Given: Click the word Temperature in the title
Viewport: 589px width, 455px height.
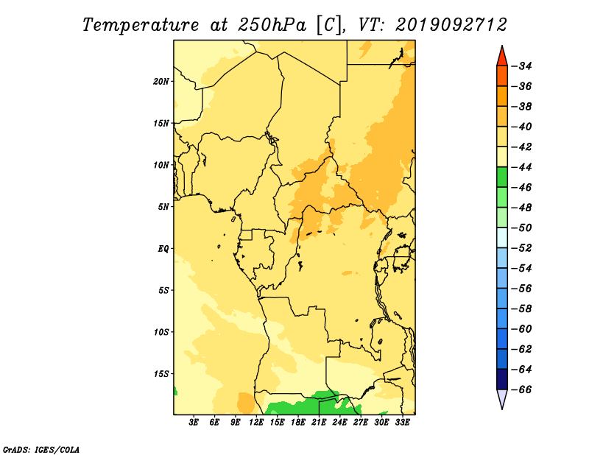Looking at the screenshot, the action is (141, 25).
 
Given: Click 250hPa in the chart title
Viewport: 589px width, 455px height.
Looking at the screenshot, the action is (272, 25).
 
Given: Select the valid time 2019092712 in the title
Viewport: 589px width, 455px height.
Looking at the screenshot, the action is (451, 25).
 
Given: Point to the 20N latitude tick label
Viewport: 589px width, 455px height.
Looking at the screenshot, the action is (161, 82).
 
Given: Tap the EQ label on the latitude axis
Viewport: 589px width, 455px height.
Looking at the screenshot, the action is (163, 249).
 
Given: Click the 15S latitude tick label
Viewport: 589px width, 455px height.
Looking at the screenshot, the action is (161, 374).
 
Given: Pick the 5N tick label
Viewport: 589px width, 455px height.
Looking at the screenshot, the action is (163, 207).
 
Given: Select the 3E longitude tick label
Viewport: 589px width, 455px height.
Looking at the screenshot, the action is (194, 423).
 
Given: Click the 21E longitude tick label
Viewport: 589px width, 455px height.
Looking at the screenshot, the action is (319, 423).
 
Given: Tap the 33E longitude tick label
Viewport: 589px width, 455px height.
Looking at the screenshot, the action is (402, 423).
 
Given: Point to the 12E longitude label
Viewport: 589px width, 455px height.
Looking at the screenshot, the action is (256, 423).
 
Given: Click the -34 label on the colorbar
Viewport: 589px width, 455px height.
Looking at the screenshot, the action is (522, 66).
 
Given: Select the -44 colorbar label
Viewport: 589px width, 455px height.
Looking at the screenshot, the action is (522, 168).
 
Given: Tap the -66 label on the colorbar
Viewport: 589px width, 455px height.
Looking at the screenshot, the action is (522, 389).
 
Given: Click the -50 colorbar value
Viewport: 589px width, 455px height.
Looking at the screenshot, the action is (522, 228).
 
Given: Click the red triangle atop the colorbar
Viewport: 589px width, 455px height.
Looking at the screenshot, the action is (502, 57).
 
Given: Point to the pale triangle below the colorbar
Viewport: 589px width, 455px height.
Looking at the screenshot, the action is (502, 398).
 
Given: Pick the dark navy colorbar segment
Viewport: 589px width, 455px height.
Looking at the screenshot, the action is (502, 379).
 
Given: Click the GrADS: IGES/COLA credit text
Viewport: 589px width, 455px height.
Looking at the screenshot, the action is (41, 449).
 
